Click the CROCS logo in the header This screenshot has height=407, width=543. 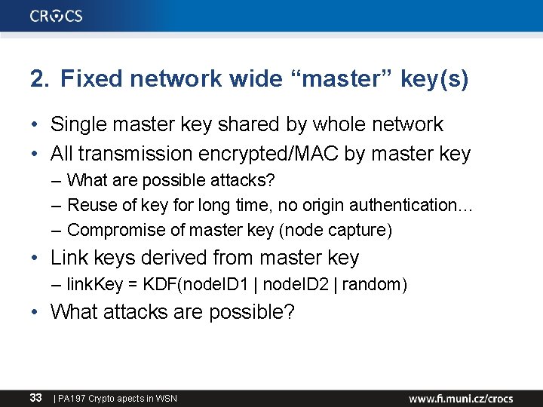point(57,16)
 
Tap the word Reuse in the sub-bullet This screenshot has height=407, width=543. point(87,205)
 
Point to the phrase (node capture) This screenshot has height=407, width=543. point(347,230)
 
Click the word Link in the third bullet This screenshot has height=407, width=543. point(68,258)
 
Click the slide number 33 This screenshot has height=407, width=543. point(35,397)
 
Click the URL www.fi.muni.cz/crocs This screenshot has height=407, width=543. point(461,398)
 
